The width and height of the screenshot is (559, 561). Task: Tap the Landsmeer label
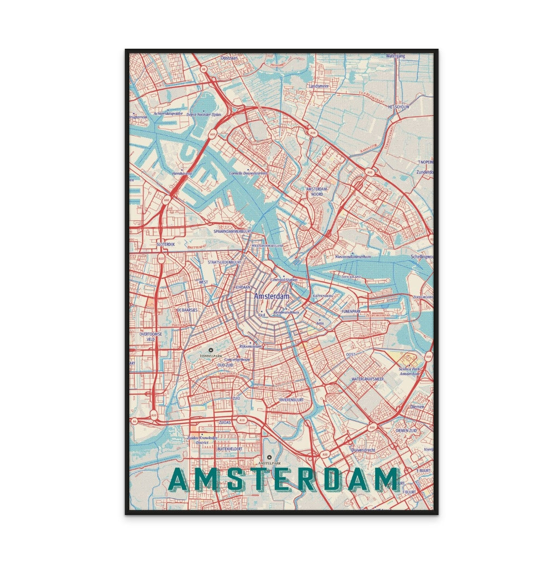[319, 87]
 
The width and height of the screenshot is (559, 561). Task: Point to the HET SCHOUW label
[398, 107]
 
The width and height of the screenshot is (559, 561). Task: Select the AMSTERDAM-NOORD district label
[317, 191]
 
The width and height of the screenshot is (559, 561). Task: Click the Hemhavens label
[182, 173]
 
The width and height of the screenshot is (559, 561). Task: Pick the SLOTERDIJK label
[165, 244]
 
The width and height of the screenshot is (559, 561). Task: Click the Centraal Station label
[284, 280]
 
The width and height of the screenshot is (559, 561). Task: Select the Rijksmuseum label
[251, 347]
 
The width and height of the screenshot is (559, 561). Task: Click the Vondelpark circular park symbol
[210, 350]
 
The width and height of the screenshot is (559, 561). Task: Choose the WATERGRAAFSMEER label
[367, 379]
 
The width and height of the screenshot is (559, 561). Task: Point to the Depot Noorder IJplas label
[204, 115]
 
